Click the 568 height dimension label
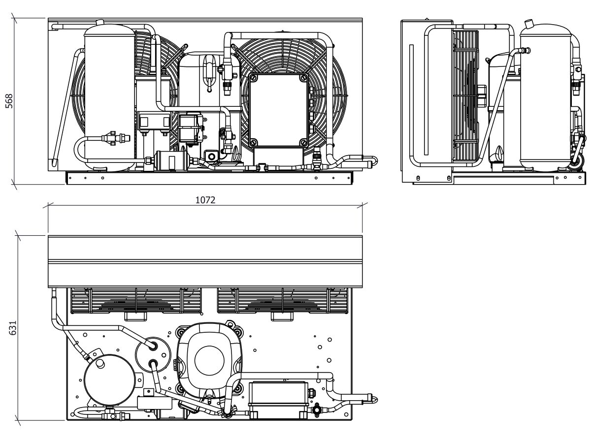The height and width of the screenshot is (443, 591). click(x=9, y=101)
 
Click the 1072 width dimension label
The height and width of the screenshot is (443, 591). click(x=205, y=200)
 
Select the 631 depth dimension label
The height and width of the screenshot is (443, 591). click(x=13, y=328)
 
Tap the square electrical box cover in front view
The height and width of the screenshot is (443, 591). click(x=278, y=110)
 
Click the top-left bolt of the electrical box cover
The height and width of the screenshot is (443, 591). click(x=253, y=78)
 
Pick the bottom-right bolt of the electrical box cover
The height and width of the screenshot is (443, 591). click(x=303, y=142)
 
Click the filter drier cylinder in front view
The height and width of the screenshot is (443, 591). click(x=171, y=161)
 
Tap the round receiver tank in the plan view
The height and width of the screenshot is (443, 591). click(x=109, y=380)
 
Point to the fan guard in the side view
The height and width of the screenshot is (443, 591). click(x=466, y=96)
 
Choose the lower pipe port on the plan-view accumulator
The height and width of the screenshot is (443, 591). click(x=153, y=363)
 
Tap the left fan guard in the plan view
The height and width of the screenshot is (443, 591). click(x=136, y=301)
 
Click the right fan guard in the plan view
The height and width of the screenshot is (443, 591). click(x=282, y=301)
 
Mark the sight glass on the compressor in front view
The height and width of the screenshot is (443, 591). click(x=212, y=156)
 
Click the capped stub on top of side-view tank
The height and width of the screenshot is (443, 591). click(x=528, y=24)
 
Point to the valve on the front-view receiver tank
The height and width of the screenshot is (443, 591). click(x=116, y=138)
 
